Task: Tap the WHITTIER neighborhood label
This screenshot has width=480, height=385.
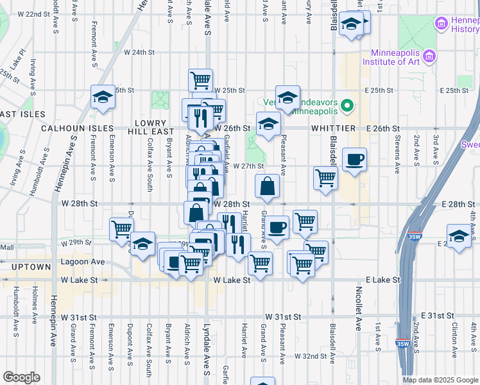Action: coord(329,128)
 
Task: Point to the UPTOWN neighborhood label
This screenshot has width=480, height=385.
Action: coord(26,266)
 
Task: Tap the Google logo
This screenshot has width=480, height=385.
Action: coord(21,377)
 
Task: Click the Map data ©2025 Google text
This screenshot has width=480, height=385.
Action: coord(440,380)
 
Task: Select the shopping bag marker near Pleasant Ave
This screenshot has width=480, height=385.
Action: coord(267,187)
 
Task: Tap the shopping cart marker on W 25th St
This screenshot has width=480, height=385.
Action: coord(201,80)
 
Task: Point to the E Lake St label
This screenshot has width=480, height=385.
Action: coord(382,280)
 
